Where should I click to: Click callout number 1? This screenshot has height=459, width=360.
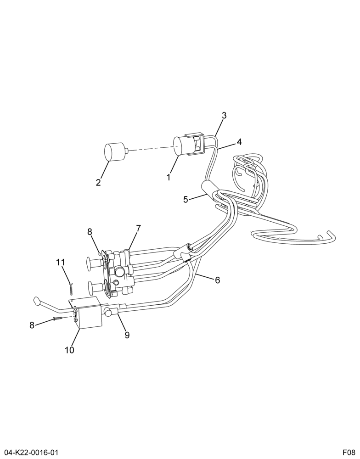[169, 177]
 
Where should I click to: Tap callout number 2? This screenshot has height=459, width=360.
[98, 183]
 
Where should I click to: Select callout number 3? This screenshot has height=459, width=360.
[224, 115]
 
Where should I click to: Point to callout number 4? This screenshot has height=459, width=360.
[239, 142]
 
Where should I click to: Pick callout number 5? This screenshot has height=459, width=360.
[186, 200]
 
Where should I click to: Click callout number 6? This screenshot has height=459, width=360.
[217, 280]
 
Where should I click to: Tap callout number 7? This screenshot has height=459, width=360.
[138, 228]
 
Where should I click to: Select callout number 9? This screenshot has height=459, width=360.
[127, 335]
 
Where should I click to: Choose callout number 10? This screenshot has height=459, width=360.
[70, 350]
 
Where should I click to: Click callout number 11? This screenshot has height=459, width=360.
[61, 262]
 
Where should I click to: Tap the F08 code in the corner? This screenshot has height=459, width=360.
[349, 453]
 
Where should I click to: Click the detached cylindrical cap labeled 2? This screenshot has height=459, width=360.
[115, 151]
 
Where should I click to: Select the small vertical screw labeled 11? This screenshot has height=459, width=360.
[71, 289]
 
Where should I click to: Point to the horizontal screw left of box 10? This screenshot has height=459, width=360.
[58, 318]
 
